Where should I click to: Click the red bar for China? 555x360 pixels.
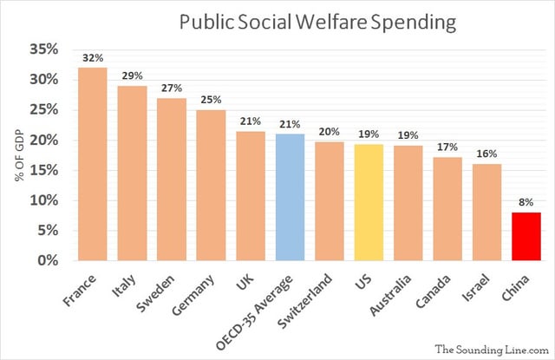coord(526,236)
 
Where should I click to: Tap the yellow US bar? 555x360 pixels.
coord(369,202)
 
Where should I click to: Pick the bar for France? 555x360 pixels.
coord(92,164)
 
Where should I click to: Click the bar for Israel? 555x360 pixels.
coord(486,212)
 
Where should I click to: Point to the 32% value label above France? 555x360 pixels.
coord(92,58)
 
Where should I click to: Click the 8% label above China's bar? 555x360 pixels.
coord(526,203)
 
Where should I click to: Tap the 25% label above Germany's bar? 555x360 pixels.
coord(211,101)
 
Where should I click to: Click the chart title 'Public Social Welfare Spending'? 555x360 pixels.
coord(317,22)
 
